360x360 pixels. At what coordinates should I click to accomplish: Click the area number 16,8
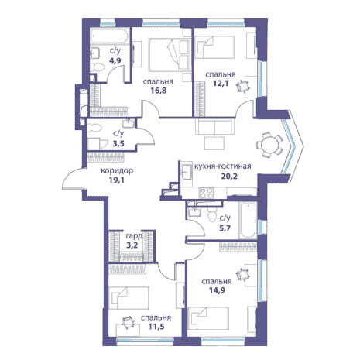pos(158,91)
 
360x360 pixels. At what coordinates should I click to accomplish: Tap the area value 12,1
pos(221,84)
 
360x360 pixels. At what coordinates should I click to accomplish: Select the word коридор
pos(117,171)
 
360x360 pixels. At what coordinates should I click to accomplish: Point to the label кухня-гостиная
pos(222,166)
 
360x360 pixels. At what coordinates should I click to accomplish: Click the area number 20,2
pos(229,176)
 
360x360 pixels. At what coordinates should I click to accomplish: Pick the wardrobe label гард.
pos(134,236)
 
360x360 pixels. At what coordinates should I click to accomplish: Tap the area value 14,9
pos(217,290)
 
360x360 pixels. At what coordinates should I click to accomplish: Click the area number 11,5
pos(156,327)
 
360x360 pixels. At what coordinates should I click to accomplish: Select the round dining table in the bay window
pos(269,145)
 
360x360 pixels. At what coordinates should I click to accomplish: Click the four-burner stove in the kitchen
pos(207,193)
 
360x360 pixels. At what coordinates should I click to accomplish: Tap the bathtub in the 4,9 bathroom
pos(110,36)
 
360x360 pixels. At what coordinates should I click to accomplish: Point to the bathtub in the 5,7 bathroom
pos(248,220)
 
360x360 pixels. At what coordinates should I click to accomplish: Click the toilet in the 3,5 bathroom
pos(94,128)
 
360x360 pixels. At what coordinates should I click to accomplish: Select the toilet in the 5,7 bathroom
pos(212,215)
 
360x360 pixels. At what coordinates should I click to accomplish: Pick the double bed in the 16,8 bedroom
pos(170,55)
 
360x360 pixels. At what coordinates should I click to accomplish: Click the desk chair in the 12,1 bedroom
pos(243,87)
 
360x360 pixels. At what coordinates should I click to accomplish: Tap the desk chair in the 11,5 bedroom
pos(129,323)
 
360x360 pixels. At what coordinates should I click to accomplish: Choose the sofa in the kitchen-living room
pos(214,126)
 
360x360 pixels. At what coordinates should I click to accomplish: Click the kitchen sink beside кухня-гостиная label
pos(187,172)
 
